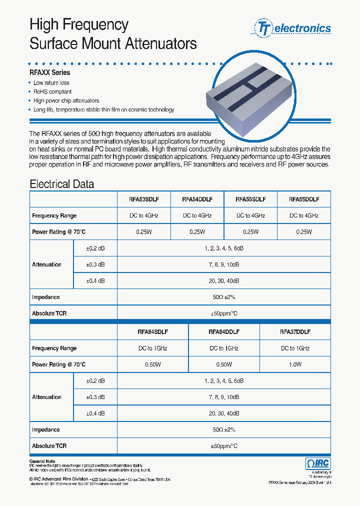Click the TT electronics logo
point(293,28)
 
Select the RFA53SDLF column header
point(143,199)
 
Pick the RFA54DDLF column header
point(197,199)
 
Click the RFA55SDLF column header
point(250,199)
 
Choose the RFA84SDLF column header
point(152,331)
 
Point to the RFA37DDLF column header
point(295,331)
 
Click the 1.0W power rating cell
point(295,364)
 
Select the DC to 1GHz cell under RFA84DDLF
point(223,348)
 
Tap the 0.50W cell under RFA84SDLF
point(152,364)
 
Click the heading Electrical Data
point(61,183)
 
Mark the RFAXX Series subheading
point(50,72)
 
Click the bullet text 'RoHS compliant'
point(52,92)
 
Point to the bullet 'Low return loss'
point(51,83)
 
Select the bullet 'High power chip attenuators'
point(66,100)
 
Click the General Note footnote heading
point(42,461)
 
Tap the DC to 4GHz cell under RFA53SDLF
point(143,215)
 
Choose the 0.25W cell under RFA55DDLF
point(303,232)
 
